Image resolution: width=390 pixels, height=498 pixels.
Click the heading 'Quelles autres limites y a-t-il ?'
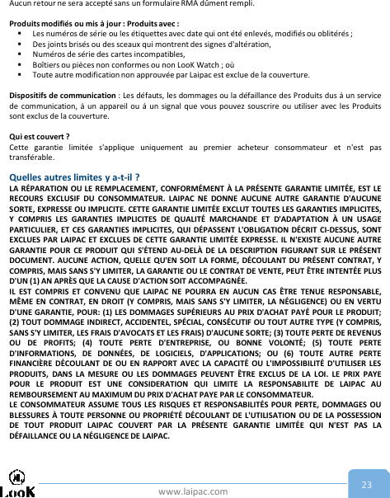click(73, 176)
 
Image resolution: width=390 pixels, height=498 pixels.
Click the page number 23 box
click(366, 484)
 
